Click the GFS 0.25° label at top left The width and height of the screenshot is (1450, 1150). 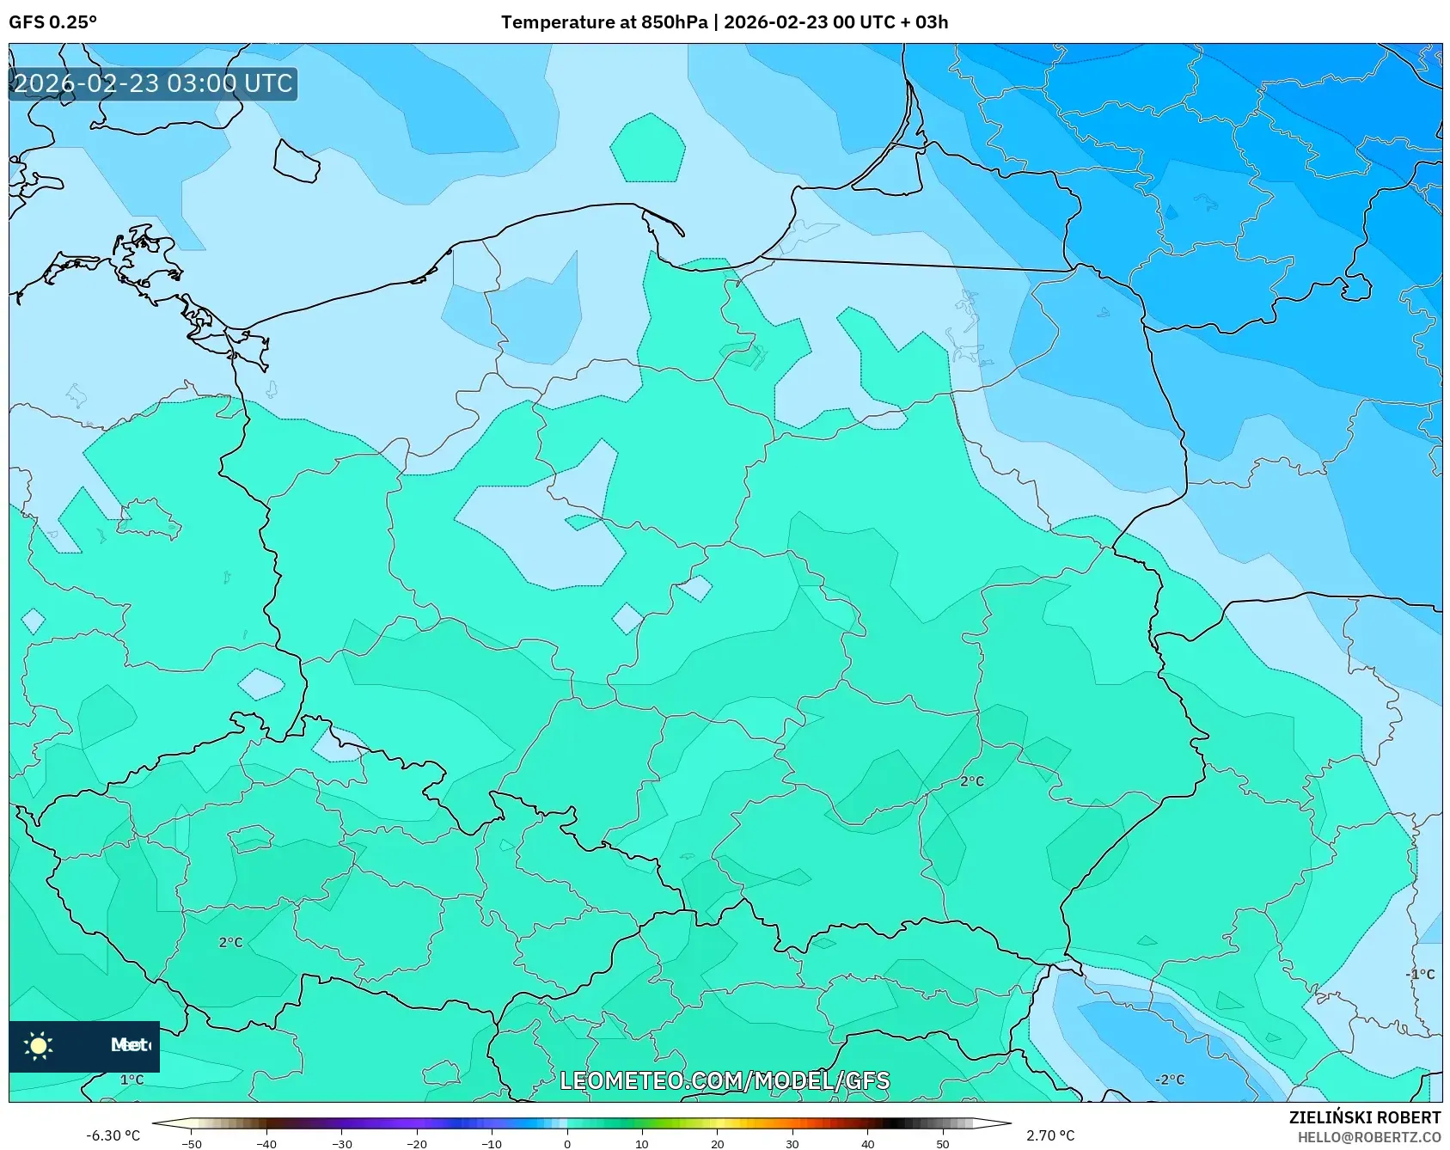tap(52, 22)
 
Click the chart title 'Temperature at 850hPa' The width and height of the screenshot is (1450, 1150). tap(604, 22)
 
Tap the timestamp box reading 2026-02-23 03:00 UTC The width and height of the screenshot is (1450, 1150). tap(153, 84)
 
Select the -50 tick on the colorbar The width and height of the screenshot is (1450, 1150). tap(192, 1143)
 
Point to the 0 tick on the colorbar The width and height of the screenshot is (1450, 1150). tap(566, 1143)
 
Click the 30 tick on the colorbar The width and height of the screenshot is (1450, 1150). tap(792, 1143)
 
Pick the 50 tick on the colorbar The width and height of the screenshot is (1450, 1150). tap(942, 1143)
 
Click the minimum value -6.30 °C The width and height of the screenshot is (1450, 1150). tap(113, 1135)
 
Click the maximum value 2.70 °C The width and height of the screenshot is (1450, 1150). tap(1050, 1135)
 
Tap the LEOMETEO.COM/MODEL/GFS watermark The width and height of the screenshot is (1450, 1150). tap(725, 1080)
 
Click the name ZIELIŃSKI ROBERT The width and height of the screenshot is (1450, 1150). tap(1364, 1117)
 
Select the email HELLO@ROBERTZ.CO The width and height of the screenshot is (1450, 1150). tap(1368, 1137)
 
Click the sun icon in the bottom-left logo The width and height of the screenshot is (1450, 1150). tap(39, 1046)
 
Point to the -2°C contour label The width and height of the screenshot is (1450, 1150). tap(1169, 1080)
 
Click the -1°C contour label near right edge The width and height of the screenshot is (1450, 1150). tap(1420, 974)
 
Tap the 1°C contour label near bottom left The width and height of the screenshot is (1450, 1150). tap(132, 1080)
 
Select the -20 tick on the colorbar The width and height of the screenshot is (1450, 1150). tap(417, 1143)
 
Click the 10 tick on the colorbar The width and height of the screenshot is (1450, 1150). tap(641, 1143)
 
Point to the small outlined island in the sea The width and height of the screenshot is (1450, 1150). tap(297, 162)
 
